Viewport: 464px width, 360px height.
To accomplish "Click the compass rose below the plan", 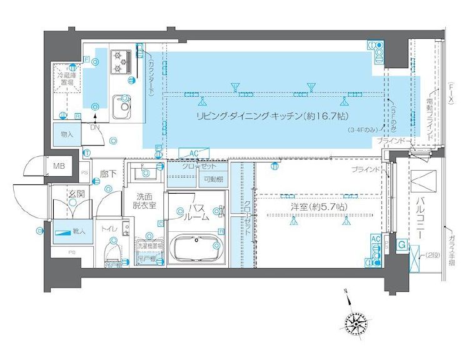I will click(355, 322).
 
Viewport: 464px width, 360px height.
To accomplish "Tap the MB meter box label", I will click(59, 166).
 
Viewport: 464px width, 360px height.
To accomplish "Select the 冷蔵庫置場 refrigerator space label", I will click(66, 79).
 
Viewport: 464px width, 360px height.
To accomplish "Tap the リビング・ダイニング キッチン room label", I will click(272, 116).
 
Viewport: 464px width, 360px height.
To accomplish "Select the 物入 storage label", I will click(68, 134).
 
